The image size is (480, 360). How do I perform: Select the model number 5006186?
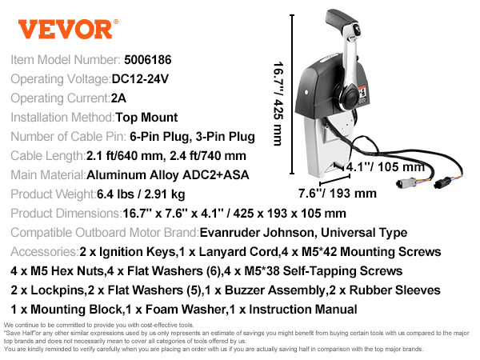pyautogui.click(x=147, y=60)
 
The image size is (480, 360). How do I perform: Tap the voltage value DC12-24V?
pyautogui.click(x=140, y=79)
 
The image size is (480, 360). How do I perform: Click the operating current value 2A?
pyautogui.click(x=118, y=98)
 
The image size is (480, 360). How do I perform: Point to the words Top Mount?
pyautogui.click(x=146, y=118)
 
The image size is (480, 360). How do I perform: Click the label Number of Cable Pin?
pyautogui.click(x=68, y=137)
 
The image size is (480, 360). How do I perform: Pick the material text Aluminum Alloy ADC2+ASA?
pyautogui.click(x=168, y=175)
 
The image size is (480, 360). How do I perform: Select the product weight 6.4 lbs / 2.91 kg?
pyautogui.click(x=141, y=194)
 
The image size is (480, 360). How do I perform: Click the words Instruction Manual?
pyautogui.click(x=303, y=310)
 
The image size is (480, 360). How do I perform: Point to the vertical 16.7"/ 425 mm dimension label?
pyautogui.click(x=278, y=104)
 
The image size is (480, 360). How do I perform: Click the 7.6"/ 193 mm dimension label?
pyautogui.click(x=338, y=194)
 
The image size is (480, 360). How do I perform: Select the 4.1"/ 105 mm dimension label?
pyautogui.click(x=386, y=167)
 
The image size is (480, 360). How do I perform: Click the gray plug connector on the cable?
pyautogui.click(x=406, y=183)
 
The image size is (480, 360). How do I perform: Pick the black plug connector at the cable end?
pyautogui.click(x=442, y=182)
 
